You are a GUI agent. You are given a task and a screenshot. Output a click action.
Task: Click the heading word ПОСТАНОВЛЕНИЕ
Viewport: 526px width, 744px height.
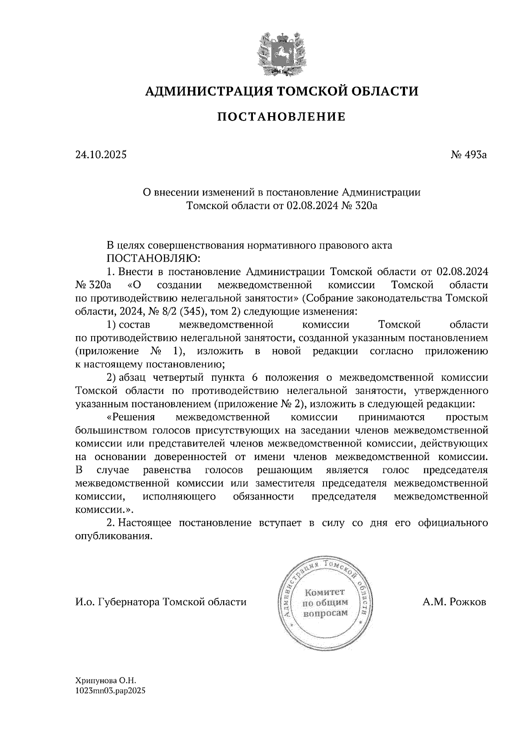point(281,117)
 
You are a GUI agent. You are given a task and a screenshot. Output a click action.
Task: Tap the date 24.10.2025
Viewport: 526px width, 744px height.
point(101,154)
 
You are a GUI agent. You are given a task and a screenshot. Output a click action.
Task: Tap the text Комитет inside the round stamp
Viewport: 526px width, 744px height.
point(325,592)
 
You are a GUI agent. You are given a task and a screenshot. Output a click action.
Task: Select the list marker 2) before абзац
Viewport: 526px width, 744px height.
point(111,378)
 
